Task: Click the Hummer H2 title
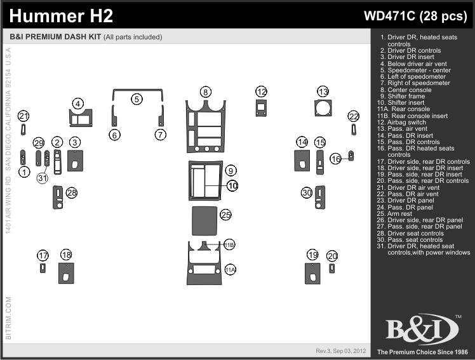tap(61, 16)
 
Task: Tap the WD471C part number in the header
tap(389, 16)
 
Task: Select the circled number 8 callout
tap(206, 92)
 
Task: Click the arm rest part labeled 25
tap(204, 221)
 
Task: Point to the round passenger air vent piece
tap(323, 108)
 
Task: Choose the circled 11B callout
tap(229, 244)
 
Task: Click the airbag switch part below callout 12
tap(261, 108)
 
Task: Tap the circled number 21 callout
tap(23, 116)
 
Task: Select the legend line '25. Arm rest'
tap(394, 214)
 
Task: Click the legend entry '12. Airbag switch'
tap(401, 123)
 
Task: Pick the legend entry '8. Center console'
tap(406, 90)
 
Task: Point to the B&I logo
tap(422, 330)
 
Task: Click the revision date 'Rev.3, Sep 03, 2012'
tap(341, 351)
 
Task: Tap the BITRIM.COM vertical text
tap(8, 318)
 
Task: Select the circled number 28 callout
tap(72, 192)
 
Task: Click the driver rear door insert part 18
tap(66, 274)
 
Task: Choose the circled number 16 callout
tap(336, 159)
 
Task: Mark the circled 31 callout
tap(43, 178)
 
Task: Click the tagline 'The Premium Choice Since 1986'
tap(422, 352)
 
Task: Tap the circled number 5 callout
tap(137, 99)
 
